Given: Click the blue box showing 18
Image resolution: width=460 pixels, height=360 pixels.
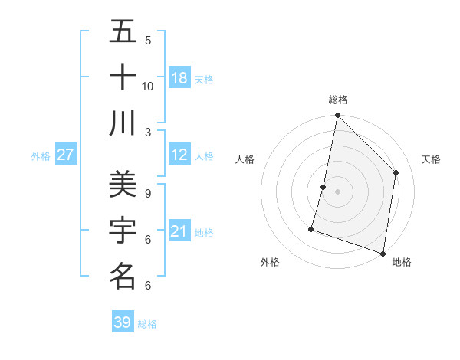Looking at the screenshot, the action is coord(179,78).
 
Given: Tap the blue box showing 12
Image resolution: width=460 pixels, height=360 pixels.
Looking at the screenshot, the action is coord(179,155).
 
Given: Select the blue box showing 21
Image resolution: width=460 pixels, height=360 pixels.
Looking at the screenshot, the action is coord(179,231).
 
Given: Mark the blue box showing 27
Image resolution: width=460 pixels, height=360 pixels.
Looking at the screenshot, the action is coord(66,155).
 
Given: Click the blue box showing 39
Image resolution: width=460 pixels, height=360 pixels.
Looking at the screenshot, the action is coord(123,322).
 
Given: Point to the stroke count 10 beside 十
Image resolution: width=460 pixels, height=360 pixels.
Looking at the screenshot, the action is coord(148,87).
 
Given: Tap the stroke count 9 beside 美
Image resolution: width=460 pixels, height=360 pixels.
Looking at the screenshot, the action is coord(148,193).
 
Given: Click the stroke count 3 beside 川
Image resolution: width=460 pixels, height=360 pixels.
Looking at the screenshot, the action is coord(148,132).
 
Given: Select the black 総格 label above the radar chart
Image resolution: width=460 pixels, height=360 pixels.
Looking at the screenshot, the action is coord(338,100).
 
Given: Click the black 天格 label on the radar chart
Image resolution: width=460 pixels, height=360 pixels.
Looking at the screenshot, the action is coord(431,159).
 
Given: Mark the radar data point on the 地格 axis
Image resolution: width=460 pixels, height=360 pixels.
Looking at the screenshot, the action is coord(383,253).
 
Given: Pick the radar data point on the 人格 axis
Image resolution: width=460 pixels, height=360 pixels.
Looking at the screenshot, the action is coord(324,187).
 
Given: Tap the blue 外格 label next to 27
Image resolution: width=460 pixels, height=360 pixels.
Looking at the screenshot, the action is coord(41,155).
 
